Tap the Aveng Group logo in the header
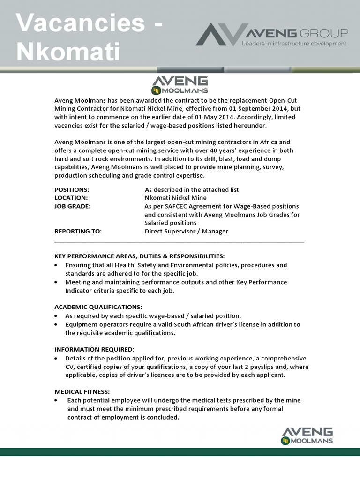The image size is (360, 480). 272,36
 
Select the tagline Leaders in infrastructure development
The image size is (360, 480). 294,44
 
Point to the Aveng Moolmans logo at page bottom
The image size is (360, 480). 307,435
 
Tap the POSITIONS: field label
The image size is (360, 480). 72,190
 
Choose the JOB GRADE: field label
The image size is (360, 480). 73,206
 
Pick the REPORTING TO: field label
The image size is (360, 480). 78,231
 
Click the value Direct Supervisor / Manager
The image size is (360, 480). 187,231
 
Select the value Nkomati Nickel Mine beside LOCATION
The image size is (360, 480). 176,198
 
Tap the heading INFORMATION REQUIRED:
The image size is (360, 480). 94,350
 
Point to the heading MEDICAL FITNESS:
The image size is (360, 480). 82,392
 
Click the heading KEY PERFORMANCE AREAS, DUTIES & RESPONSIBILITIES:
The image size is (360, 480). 140,256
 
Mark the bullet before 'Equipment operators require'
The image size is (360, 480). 56,324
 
